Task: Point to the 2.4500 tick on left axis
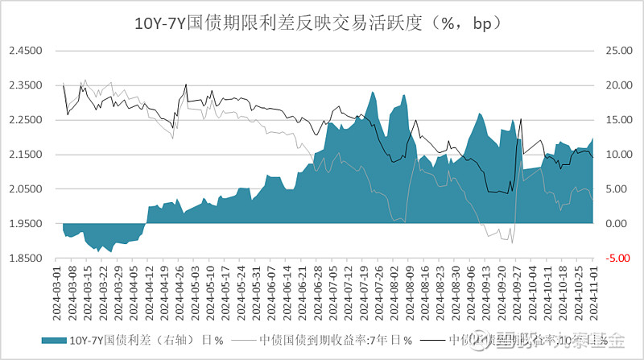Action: click(x=24, y=51)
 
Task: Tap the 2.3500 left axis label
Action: click(x=24, y=85)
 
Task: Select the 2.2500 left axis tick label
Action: click(x=24, y=120)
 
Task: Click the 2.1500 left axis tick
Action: click(x=24, y=155)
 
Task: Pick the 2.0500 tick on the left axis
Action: click(x=24, y=189)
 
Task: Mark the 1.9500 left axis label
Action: click(x=24, y=224)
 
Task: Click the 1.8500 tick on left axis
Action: click(x=24, y=259)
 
